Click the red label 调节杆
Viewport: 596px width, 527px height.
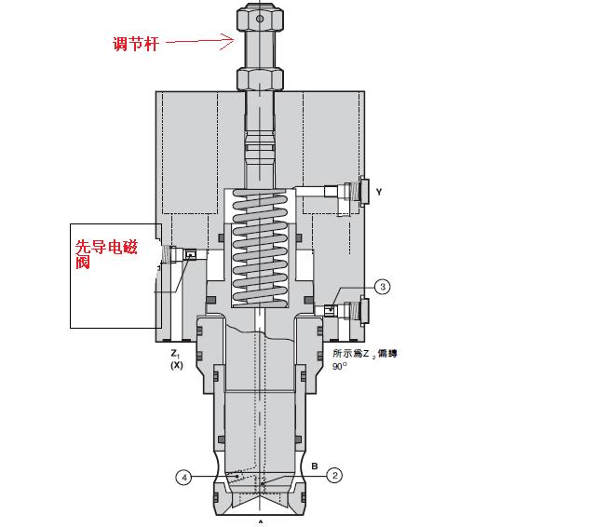coord(136,44)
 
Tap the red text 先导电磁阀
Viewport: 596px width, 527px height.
coord(105,254)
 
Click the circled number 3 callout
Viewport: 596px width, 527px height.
coord(383,287)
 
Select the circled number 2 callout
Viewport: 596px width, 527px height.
coord(334,476)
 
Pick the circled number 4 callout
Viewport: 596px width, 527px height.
coord(184,478)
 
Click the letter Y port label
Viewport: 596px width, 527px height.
coord(379,192)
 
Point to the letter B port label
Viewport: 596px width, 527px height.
coord(315,466)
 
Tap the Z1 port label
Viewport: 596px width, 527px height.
coord(175,354)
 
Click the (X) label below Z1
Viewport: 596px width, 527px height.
coord(176,365)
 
